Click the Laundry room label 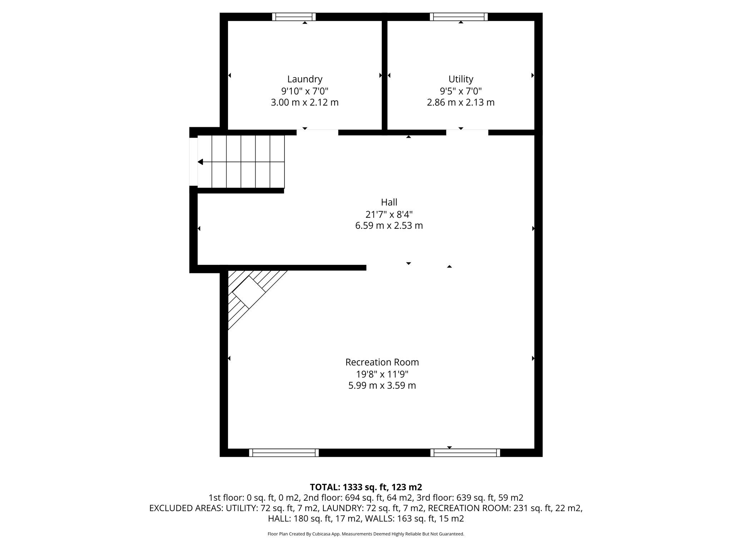[x=305, y=79]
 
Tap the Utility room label [x=461, y=79]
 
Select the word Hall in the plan [x=389, y=202]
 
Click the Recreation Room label [x=382, y=362]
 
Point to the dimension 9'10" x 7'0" [x=305, y=91]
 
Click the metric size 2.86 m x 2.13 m [x=461, y=103]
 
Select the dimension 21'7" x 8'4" [x=389, y=214]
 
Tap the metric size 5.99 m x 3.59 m [x=382, y=386]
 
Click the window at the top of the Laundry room [x=294, y=17]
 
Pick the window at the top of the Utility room [x=459, y=17]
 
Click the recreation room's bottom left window [x=284, y=453]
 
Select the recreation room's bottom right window [x=465, y=453]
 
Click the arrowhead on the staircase [x=201, y=162]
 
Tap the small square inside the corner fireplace [x=249, y=292]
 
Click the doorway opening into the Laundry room [x=317, y=132]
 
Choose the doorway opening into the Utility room [x=467, y=132]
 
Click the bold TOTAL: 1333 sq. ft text [x=366, y=487]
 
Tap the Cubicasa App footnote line [x=366, y=534]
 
